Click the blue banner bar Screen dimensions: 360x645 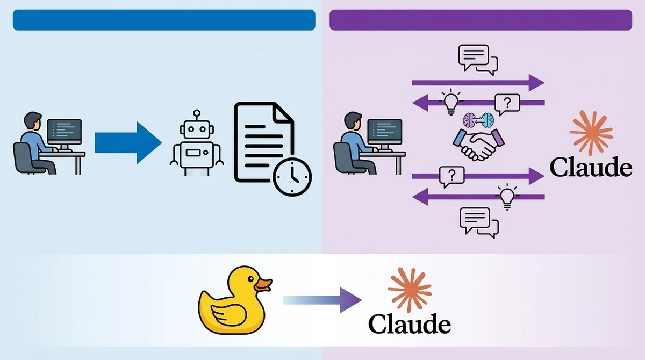pyautogui.click(x=164, y=20)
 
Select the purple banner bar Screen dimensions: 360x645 pyautogui.click(x=481, y=20)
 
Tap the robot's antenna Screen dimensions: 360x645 pyautogui.click(x=197, y=113)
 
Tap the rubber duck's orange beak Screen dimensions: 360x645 pyautogui.click(x=263, y=284)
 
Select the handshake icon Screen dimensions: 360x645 pyautogui.click(x=479, y=142)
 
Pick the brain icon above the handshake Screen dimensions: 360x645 pyautogui.click(x=478, y=119)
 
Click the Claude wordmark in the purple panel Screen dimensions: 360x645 pyautogui.click(x=591, y=168)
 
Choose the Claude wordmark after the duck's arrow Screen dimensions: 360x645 pyautogui.click(x=409, y=324)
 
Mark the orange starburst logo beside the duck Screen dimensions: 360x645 pyautogui.click(x=410, y=290)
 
